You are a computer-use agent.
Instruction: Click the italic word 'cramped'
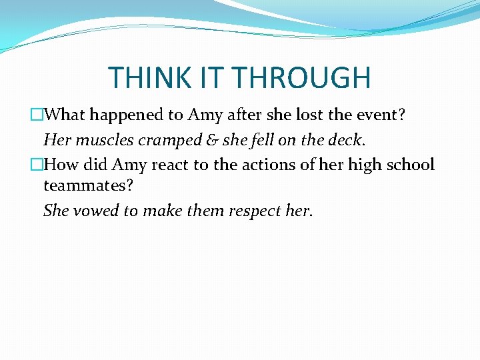155,140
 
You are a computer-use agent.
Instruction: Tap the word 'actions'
269,165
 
